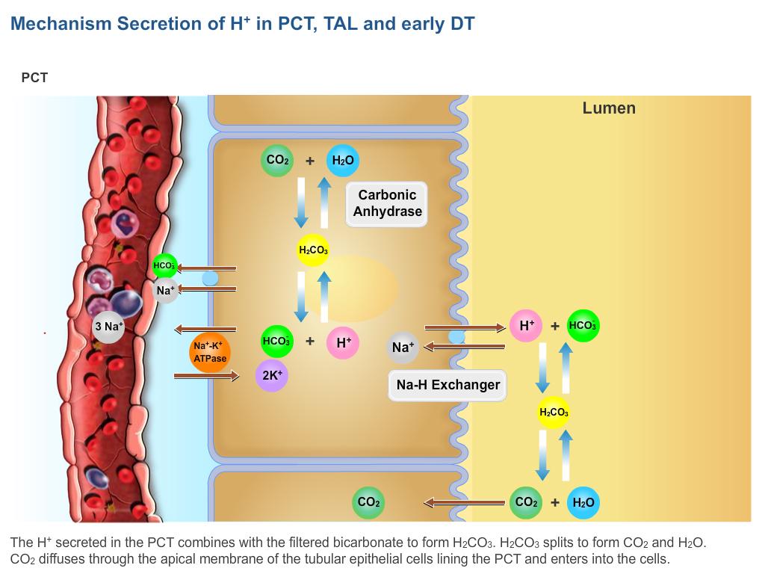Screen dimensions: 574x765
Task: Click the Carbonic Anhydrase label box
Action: [x=387, y=203]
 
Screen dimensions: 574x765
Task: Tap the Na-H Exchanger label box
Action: [x=447, y=385]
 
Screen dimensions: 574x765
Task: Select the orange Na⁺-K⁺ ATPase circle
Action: [x=210, y=352]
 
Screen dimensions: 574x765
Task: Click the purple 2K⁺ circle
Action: [x=271, y=375]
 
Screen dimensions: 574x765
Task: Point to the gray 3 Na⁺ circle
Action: [x=108, y=327]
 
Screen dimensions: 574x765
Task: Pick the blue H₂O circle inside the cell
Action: [x=342, y=161]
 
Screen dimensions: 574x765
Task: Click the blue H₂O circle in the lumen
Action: [x=583, y=502]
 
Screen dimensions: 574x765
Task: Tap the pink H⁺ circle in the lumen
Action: [x=526, y=326]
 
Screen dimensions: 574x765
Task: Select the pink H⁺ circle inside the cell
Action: [x=343, y=343]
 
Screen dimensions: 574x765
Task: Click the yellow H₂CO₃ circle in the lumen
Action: [x=554, y=413]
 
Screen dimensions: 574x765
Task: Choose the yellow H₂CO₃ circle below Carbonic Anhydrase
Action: [x=313, y=250]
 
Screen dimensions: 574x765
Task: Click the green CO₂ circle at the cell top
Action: [x=277, y=161]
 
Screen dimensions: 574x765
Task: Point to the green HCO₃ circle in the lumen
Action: [x=583, y=326]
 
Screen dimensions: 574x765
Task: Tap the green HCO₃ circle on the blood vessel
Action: [x=164, y=266]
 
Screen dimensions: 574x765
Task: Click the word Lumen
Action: [x=609, y=108]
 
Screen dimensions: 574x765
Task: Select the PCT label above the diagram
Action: [x=34, y=78]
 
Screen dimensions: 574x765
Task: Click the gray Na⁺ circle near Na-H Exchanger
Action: [x=403, y=348]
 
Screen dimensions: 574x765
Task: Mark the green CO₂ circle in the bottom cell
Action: [x=368, y=502]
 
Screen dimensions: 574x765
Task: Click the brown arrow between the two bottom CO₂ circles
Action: [x=463, y=502]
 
